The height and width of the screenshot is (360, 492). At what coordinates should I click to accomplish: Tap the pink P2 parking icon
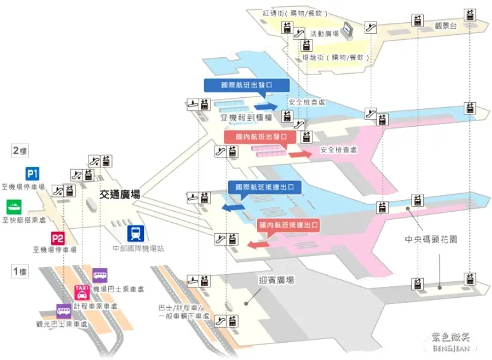(57, 238)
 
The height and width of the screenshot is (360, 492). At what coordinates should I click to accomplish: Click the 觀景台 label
(447, 25)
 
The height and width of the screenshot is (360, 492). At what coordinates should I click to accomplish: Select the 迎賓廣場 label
(276, 280)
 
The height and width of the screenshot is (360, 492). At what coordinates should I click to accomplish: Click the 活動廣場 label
(325, 34)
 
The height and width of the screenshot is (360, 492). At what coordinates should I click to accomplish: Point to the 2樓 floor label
(20, 150)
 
